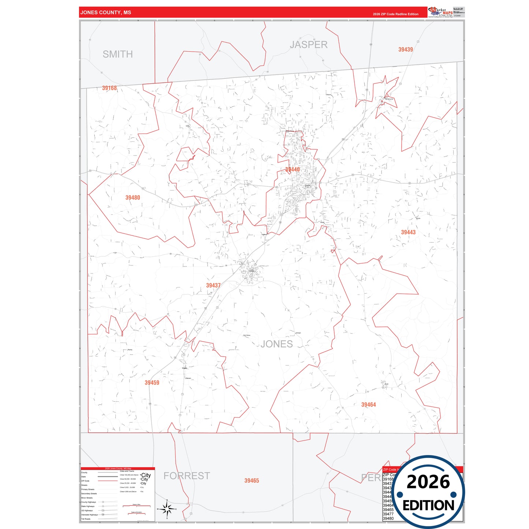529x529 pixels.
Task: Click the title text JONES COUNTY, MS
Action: point(105,12)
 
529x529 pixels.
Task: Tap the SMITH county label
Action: point(118,54)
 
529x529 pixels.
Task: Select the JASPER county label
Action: point(309,45)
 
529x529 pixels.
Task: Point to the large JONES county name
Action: point(277,344)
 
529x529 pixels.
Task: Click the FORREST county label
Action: point(187,476)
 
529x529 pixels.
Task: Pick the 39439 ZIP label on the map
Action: point(406,49)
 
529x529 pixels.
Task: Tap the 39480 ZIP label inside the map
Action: point(133,198)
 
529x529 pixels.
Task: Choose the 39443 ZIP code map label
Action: point(408,232)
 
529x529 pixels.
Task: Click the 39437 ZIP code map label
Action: point(213,285)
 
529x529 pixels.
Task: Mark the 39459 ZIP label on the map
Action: point(152,383)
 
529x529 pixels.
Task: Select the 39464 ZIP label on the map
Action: point(369,405)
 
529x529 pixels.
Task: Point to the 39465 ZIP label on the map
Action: point(252,481)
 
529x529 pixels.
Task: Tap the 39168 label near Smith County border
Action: point(109,88)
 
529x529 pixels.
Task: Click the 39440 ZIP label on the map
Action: point(293,169)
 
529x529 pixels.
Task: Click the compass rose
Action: point(167,508)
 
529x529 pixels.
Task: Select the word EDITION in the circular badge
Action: point(428,506)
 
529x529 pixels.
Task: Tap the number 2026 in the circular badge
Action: point(428,482)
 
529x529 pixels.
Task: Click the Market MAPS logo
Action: point(440,12)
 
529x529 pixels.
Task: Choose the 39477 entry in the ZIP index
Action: point(388,514)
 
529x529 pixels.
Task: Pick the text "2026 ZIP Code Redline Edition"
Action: point(395,14)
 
